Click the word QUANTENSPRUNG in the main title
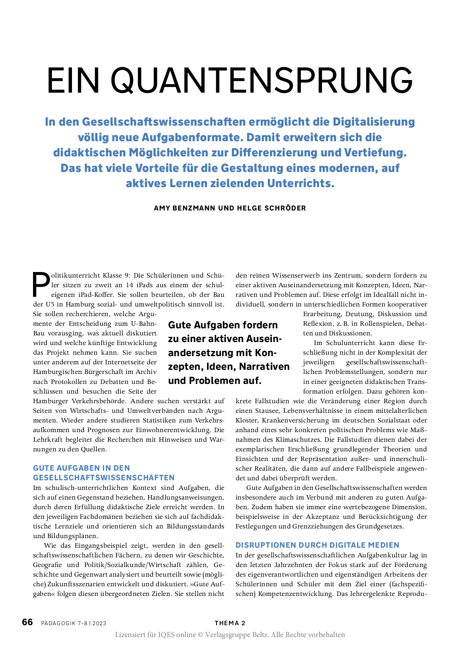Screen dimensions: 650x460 pos(262,80)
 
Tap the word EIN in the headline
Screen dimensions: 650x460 pos(73,80)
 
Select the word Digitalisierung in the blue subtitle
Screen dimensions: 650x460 pos(374,122)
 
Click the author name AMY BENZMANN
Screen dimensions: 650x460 pos(184,208)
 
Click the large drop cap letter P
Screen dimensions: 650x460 pos(41,285)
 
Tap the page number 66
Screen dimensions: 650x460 pos(27,622)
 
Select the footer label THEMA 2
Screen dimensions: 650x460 pos(230,623)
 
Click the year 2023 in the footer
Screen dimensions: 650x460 pos(99,623)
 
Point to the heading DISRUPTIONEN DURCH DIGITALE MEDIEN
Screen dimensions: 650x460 pos(317,545)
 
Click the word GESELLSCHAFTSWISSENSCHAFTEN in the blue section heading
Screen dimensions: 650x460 pos(104,478)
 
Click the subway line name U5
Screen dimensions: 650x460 pos(50,304)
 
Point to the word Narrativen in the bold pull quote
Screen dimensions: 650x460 pos(264,367)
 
